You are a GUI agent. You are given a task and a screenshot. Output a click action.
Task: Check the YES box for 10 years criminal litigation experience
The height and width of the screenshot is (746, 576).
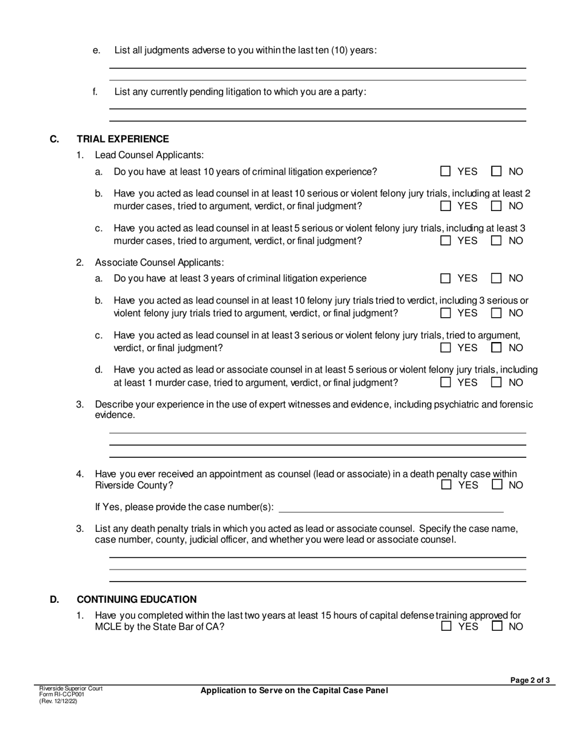point(446,172)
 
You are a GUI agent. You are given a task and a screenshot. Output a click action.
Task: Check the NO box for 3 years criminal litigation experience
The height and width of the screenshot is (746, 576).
point(497,278)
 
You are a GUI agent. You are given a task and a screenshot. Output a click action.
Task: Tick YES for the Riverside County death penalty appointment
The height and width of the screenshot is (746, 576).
point(447,485)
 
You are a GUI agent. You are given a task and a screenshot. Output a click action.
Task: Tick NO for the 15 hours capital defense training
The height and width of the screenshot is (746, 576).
point(497,627)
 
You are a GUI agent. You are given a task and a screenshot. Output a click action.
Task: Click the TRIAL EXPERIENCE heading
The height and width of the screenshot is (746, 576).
point(122,139)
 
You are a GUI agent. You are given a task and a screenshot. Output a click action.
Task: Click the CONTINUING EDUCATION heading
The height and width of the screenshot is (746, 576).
point(136,599)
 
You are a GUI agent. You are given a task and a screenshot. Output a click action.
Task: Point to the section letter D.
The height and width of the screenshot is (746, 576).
point(55,599)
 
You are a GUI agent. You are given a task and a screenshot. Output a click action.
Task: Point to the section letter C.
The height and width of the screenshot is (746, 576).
point(54,139)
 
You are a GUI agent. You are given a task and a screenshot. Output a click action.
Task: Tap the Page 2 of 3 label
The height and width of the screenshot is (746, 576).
point(530,680)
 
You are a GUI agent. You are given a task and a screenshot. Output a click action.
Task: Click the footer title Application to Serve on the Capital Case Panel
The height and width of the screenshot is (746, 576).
point(294,690)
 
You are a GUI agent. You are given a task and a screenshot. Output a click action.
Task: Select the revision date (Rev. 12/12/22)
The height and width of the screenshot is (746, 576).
point(58,701)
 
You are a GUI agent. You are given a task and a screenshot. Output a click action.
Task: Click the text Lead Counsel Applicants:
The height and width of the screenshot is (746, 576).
point(149,155)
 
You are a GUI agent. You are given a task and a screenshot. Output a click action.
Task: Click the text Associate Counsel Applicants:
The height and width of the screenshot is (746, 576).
point(159,263)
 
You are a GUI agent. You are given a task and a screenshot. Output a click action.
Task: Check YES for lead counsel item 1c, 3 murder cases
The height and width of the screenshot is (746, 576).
point(446,241)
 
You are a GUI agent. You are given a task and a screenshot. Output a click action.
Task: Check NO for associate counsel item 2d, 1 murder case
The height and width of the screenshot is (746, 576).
point(497,383)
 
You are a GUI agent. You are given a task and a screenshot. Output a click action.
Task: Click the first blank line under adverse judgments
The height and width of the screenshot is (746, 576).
point(317,68)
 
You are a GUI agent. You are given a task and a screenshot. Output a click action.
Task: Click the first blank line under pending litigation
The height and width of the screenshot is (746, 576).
point(317,109)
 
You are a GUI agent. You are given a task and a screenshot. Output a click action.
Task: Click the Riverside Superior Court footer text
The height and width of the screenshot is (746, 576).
point(71,689)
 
